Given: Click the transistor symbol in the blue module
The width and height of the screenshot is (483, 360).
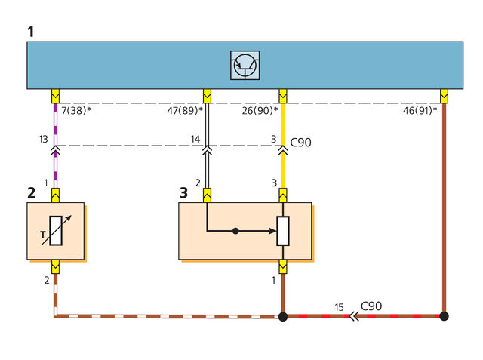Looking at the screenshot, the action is click(x=245, y=66).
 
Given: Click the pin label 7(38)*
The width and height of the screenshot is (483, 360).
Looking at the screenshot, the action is click(x=76, y=110).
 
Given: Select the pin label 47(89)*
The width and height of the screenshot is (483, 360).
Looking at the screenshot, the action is click(x=185, y=110).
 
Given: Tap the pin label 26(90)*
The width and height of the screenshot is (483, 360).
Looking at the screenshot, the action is click(x=260, y=110).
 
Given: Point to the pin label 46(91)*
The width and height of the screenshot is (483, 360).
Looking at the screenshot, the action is click(x=420, y=110).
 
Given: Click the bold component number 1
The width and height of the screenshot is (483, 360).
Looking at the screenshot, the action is click(x=30, y=32).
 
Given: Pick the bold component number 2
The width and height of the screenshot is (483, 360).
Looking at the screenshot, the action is click(x=32, y=192).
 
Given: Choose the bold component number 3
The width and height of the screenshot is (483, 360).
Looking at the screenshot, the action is click(x=183, y=192).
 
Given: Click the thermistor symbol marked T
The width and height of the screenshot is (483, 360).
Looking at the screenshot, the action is click(x=56, y=231).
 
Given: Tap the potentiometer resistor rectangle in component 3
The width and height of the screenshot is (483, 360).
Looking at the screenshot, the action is click(x=283, y=231).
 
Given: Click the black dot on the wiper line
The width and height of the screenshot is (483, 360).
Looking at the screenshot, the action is click(x=235, y=231).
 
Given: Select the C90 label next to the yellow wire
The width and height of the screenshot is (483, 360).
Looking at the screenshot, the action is click(x=300, y=143).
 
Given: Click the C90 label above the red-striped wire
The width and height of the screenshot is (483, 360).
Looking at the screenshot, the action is click(x=371, y=306).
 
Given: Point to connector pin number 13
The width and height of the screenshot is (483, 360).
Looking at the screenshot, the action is click(x=44, y=139).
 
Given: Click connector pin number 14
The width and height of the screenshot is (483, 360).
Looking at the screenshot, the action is click(x=195, y=139).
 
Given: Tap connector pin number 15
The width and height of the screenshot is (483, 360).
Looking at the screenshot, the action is click(x=339, y=307).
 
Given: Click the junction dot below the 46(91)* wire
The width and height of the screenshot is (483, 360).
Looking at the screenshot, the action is click(x=444, y=316).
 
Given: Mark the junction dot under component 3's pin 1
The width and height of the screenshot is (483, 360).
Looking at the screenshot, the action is click(x=283, y=316).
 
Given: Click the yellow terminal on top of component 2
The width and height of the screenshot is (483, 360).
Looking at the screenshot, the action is click(x=55, y=195).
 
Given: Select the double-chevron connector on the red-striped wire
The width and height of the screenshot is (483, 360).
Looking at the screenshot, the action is click(x=354, y=316).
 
